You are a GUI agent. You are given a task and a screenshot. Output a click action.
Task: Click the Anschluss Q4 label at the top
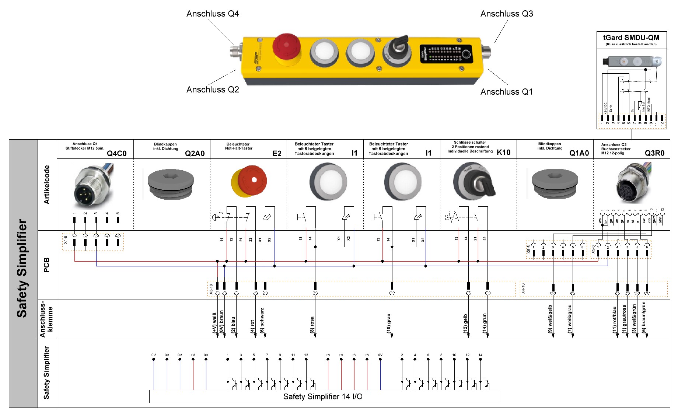point(213,14)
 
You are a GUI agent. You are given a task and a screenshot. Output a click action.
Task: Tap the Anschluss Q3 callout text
point(507,14)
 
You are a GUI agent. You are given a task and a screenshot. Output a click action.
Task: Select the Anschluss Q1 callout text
point(506,92)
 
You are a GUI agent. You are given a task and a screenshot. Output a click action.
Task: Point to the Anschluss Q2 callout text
point(213,90)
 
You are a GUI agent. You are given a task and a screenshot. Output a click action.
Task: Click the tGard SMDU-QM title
point(631,38)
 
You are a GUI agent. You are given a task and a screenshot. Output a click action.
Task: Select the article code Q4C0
point(116,153)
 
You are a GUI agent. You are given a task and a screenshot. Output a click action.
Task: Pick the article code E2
point(277,153)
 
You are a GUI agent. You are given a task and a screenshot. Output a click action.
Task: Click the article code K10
point(503,153)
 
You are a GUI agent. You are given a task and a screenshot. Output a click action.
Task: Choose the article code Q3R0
point(654,153)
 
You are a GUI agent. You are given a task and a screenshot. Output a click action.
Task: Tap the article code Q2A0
point(195,153)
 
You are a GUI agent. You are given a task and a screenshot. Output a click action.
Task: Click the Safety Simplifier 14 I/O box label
point(323,396)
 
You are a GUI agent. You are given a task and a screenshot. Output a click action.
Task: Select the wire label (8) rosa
point(312,325)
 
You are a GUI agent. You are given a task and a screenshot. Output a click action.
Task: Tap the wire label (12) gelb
point(465,324)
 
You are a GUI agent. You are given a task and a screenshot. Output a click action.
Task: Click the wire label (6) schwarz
point(262,320)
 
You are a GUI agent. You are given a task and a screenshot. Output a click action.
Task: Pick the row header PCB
point(46,265)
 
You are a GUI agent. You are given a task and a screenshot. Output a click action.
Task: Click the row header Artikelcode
point(46,185)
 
